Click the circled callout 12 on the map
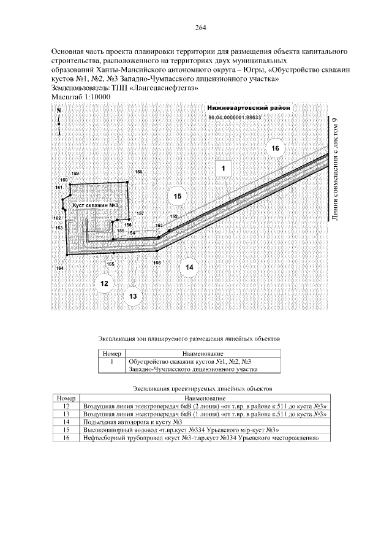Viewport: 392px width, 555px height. point(104,283)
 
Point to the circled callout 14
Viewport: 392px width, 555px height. point(189,267)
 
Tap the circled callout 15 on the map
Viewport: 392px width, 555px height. point(178,197)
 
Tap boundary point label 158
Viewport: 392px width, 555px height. point(139,172)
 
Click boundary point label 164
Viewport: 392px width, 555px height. point(59,268)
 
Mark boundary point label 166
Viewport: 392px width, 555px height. point(157,262)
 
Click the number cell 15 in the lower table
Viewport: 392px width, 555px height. point(66,431)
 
